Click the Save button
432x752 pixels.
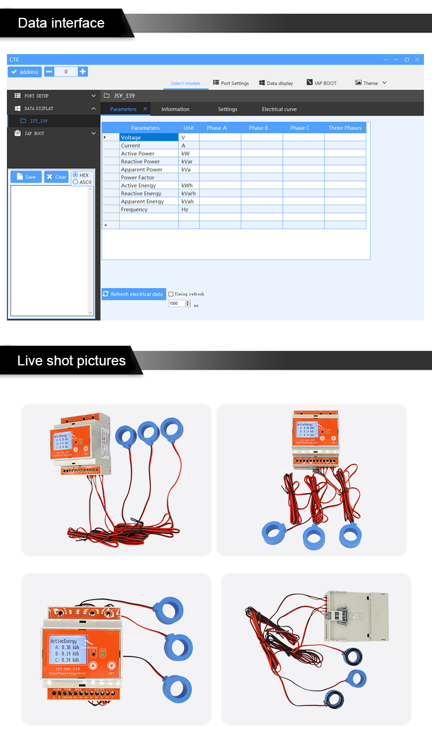(x=26, y=177)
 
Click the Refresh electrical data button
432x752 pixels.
(x=134, y=294)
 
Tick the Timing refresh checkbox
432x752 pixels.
(x=171, y=294)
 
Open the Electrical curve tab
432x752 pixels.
(x=279, y=109)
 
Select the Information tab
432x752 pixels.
(x=175, y=109)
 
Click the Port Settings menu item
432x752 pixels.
(x=231, y=83)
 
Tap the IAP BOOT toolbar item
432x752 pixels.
(x=321, y=83)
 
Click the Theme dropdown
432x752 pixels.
(x=371, y=83)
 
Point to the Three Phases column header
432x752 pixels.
(x=344, y=128)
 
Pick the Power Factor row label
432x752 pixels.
(x=138, y=178)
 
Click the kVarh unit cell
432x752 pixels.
(x=188, y=194)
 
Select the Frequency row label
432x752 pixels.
(x=134, y=210)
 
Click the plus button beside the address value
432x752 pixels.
(x=83, y=72)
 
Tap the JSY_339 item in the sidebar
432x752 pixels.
(x=39, y=121)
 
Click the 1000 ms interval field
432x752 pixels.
(x=176, y=304)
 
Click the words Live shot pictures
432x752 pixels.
(x=71, y=361)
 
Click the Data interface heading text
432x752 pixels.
(x=61, y=23)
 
